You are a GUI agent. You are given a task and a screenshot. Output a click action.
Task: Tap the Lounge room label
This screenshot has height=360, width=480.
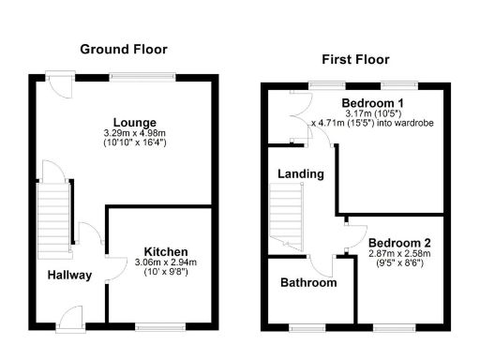tap(135, 123)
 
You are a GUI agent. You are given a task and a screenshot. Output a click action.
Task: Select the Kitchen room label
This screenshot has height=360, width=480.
tap(166, 251)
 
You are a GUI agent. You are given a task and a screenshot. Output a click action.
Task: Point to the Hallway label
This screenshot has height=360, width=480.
tap(69, 275)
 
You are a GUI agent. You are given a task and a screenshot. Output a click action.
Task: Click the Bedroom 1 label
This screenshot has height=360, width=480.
tap(372, 102)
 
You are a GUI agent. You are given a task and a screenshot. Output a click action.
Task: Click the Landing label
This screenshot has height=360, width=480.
tap(301, 173)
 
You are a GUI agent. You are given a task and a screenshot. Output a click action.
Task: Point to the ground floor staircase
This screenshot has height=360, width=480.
tap(52, 215)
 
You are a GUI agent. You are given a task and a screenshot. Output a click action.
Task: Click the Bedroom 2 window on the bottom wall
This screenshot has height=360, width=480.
tap(388, 326)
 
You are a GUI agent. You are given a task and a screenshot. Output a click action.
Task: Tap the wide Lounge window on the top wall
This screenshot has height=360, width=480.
tap(142, 75)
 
